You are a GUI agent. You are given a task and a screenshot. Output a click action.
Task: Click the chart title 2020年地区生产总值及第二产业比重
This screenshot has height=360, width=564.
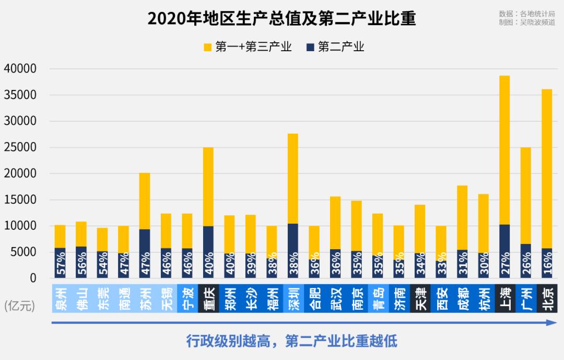click(281, 18)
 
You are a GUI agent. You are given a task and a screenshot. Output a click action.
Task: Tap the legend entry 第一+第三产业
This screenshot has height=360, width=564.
click(247, 47)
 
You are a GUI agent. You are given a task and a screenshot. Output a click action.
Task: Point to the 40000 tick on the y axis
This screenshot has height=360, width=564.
click(20, 69)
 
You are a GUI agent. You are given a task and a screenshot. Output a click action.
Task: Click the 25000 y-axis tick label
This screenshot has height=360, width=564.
click(20, 147)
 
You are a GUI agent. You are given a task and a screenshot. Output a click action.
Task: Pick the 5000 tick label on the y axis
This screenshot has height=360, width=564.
click(23, 252)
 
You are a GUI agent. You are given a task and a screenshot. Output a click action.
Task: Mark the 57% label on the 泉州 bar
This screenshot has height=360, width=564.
click(60, 264)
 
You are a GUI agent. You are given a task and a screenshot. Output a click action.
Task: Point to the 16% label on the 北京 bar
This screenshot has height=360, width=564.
click(547, 264)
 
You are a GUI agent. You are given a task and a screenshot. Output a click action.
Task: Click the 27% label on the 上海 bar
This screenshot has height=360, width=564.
click(504, 264)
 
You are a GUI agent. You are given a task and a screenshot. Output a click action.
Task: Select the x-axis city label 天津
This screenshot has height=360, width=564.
click(420, 298)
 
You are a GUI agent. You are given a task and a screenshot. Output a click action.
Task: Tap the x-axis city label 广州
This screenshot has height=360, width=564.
click(526, 298)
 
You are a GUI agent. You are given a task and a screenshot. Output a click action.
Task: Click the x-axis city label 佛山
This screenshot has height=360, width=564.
click(81, 298)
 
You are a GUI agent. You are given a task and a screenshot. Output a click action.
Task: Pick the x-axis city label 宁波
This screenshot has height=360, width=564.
click(187, 298)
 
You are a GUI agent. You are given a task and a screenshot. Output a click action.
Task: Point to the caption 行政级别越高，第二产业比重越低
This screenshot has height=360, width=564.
click(292, 341)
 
